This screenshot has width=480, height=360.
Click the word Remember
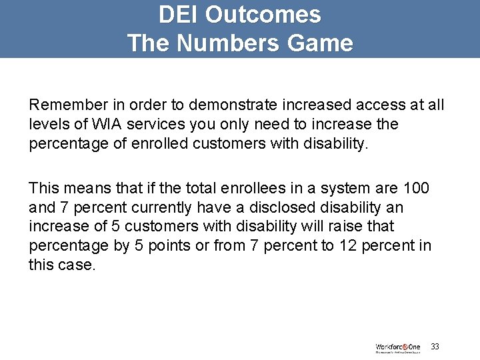(x=64, y=105)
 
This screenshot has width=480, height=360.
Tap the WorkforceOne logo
(x=398, y=347)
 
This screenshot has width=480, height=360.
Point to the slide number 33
(x=435, y=347)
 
